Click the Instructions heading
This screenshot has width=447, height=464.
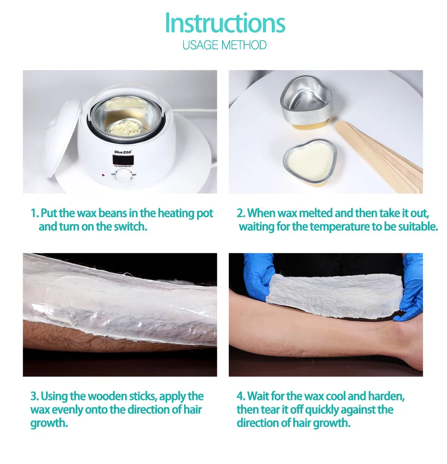pos(225,23)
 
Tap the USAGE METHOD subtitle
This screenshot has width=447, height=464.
pos(224,45)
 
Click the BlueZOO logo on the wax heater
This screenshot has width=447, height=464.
pos(123,152)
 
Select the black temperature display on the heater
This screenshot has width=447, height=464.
pos(123,160)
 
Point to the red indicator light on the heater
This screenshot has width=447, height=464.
pos(103,175)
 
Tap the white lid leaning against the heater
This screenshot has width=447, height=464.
pos(61,138)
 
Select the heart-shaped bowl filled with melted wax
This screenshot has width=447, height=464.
pos(310,163)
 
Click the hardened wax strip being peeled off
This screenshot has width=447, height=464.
pos(334,296)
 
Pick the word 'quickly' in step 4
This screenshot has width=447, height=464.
pos(322,410)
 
